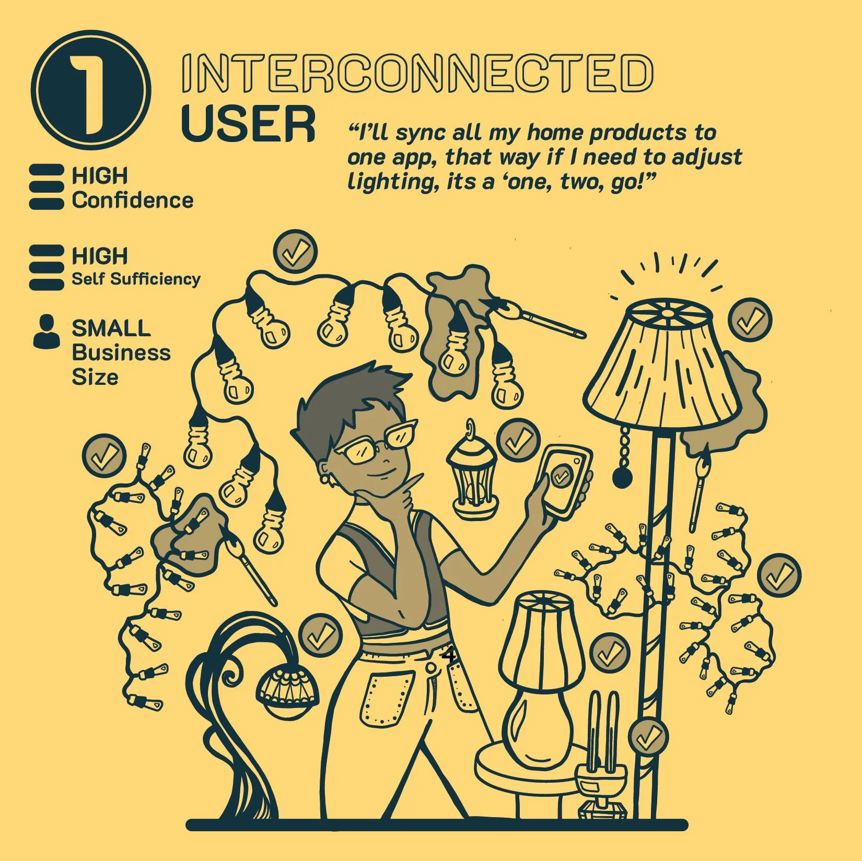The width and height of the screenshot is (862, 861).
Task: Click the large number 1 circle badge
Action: click(x=90, y=90)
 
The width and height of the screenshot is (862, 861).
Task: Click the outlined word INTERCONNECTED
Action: click(x=417, y=73)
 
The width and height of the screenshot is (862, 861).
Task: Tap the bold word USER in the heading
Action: click(x=248, y=124)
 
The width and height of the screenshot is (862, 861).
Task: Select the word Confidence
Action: click(x=133, y=200)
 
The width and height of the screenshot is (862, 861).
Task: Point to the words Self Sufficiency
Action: click(x=136, y=279)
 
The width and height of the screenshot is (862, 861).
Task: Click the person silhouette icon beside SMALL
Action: click(x=46, y=332)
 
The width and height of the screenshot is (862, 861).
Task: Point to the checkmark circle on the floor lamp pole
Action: click(x=648, y=738)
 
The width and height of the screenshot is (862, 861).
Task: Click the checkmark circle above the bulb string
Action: click(x=296, y=252)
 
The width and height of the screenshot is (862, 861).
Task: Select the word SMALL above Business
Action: click(x=111, y=328)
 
